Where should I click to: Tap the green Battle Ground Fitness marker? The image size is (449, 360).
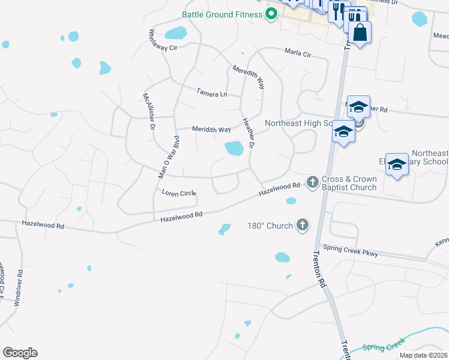coord(271,13)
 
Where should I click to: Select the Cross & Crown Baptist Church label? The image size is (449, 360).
coord(349,183)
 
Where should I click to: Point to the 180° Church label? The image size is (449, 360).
coord(270,226)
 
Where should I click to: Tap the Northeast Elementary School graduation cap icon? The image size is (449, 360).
coord(397,164)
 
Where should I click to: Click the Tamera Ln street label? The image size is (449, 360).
coord(212,94)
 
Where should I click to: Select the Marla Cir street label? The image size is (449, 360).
coord(298,54)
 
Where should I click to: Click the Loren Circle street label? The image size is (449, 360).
coord(179,193)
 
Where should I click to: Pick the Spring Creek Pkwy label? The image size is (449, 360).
coord(351,250)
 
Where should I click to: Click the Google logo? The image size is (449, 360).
coord(20,353)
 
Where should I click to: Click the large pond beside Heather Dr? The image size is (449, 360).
coord(234,148)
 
